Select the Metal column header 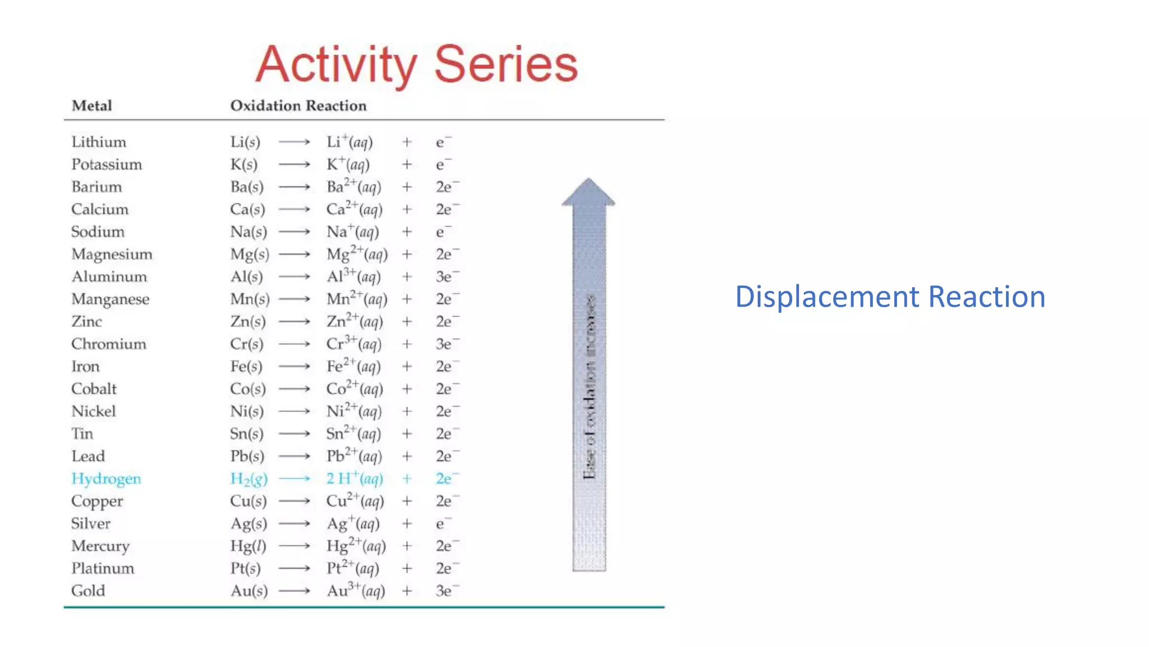[91, 106]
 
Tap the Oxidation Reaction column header [298, 106]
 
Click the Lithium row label [99, 142]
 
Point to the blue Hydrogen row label [106, 479]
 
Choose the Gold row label [88, 591]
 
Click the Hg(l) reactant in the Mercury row [248, 546]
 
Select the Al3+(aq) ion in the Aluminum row [353, 276]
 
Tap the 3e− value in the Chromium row [447, 344]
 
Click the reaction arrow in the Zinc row [295, 322]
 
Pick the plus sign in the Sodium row [407, 232]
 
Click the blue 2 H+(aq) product [355, 479]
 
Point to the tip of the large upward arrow [589, 181]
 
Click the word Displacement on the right [827, 297]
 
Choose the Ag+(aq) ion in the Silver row [353, 523]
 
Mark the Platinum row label [103, 568]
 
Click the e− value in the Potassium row [443, 165]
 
